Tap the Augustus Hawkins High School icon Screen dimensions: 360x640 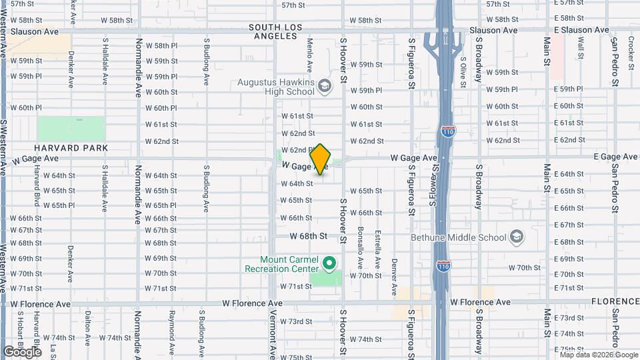pyautogui.click(x=324, y=87)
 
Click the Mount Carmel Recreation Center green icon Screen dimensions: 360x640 pyautogui.click(x=328, y=263)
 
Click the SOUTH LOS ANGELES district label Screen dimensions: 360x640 pyautogui.click(x=275, y=31)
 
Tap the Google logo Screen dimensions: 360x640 pyautogui.click(x=22, y=351)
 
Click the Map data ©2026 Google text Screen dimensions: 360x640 pyautogui.click(x=598, y=355)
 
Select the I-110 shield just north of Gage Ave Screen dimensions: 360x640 pyautogui.click(x=447, y=132)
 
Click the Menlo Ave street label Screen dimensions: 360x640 pyautogui.click(x=310, y=55)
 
